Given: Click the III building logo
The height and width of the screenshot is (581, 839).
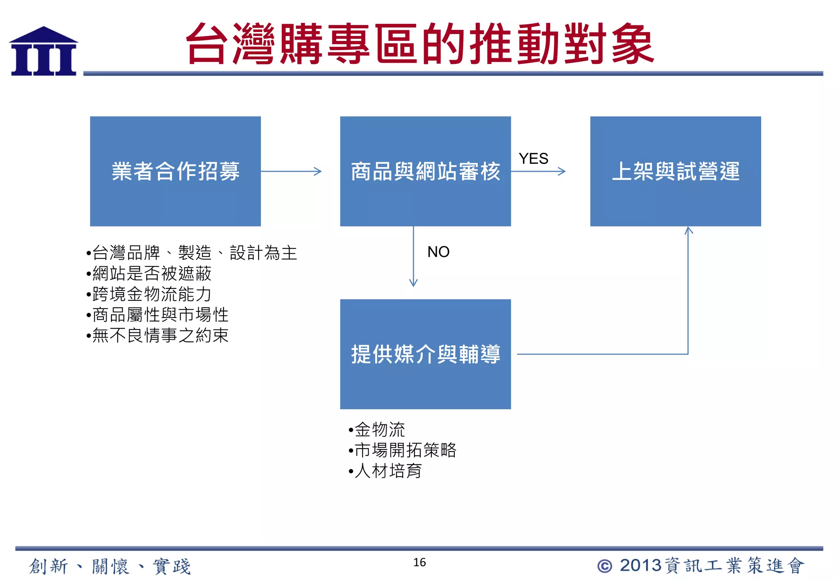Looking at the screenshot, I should pos(43,52).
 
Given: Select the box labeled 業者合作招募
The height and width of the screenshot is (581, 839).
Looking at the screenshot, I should pos(175,171).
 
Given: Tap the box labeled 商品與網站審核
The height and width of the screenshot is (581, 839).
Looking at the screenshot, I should pos(425,171).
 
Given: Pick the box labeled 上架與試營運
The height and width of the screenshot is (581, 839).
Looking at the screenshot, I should pos(675,171).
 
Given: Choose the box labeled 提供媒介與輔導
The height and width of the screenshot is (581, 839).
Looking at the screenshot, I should pos(425,354).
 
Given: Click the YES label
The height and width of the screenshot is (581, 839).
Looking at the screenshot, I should pos(533,159).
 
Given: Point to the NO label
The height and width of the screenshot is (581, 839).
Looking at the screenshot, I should pos(438,252).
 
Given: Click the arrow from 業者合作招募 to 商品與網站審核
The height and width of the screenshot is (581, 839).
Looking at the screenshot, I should pos(291,171).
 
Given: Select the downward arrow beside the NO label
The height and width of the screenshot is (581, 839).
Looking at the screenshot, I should pos(413,256).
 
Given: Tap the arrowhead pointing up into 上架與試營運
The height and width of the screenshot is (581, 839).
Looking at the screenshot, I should pos(689,231).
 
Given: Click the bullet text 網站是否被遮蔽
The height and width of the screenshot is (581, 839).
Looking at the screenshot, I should pos(152,273).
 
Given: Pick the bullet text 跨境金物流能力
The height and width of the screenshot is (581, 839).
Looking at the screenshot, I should pos(152,294).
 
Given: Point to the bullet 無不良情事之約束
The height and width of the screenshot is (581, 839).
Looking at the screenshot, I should pos(160,335).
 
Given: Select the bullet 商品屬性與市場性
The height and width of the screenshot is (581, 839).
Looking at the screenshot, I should pos(160,315).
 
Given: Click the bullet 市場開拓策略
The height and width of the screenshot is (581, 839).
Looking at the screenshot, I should pos(405,450).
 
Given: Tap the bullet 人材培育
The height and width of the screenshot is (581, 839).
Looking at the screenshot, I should pos(388,471).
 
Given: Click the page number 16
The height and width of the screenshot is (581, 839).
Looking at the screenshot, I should pos(419,562).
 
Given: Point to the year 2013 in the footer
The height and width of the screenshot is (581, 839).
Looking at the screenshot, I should pos(640,565).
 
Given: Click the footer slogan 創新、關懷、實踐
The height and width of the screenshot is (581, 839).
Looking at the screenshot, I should pos(110,566).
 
